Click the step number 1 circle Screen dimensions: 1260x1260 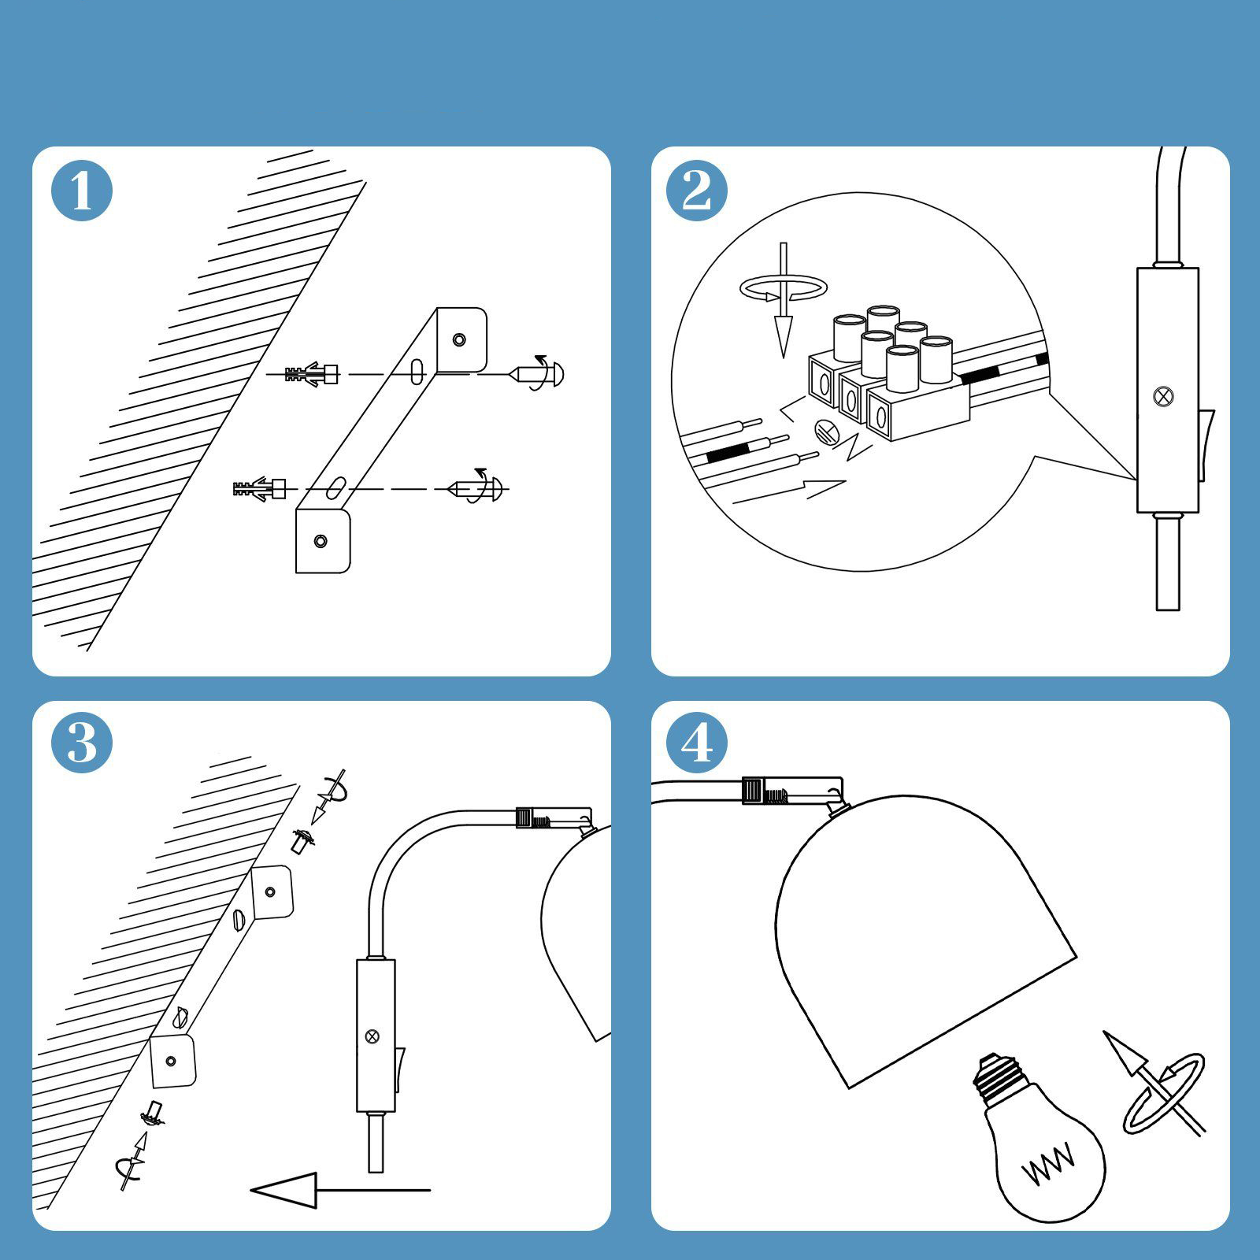[x=82, y=191]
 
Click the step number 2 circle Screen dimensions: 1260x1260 [x=696, y=191]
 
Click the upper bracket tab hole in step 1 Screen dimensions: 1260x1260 [x=459, y=340]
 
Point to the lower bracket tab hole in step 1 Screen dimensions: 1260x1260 [x=320, y=541]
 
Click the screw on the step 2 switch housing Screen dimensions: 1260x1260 [x=1160, y=396]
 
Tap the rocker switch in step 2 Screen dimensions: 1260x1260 [x=1206, y=444]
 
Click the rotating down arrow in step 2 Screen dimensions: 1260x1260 [x=783, y=299]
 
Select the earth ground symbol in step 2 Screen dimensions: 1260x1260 [x=825, y=430]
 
